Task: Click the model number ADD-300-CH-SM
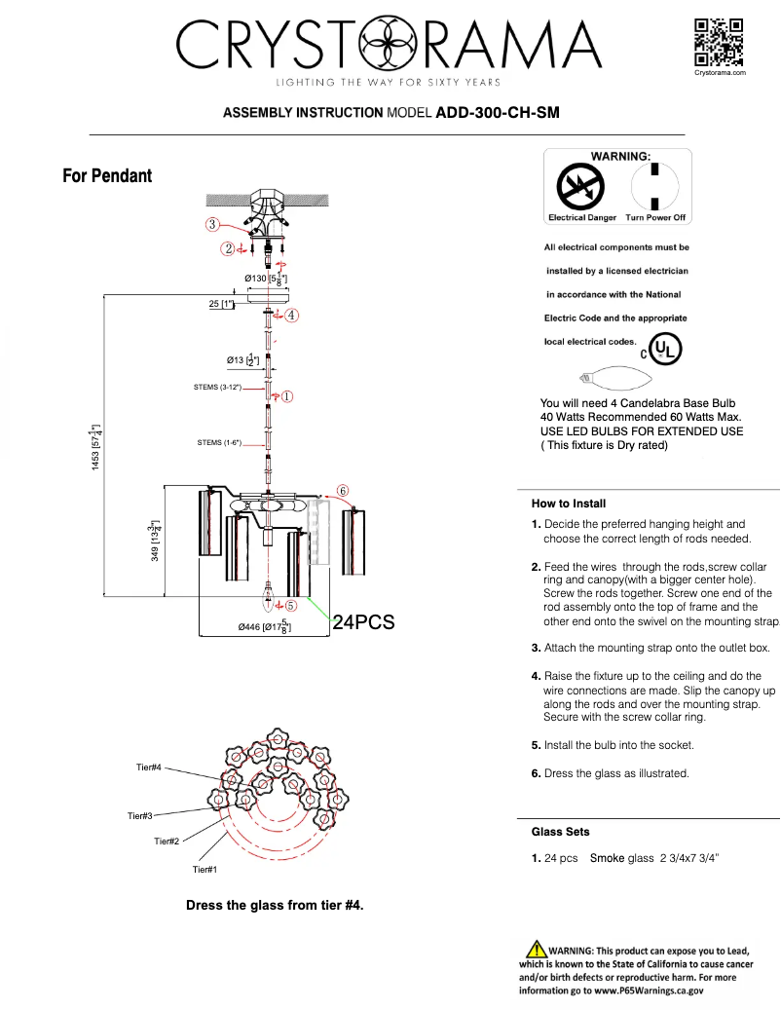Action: click(498, 112)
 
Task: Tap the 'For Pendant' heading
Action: click(107, 176)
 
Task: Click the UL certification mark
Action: click(665, 349)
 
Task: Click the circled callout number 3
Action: click(211, 224)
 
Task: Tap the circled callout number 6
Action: click(344, 490)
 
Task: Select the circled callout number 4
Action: click(291, 316)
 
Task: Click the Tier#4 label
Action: click(148, 767)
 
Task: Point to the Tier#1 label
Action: click(205, 869)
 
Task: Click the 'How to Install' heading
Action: click(569, 504)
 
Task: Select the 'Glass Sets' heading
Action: click(560, 832)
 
